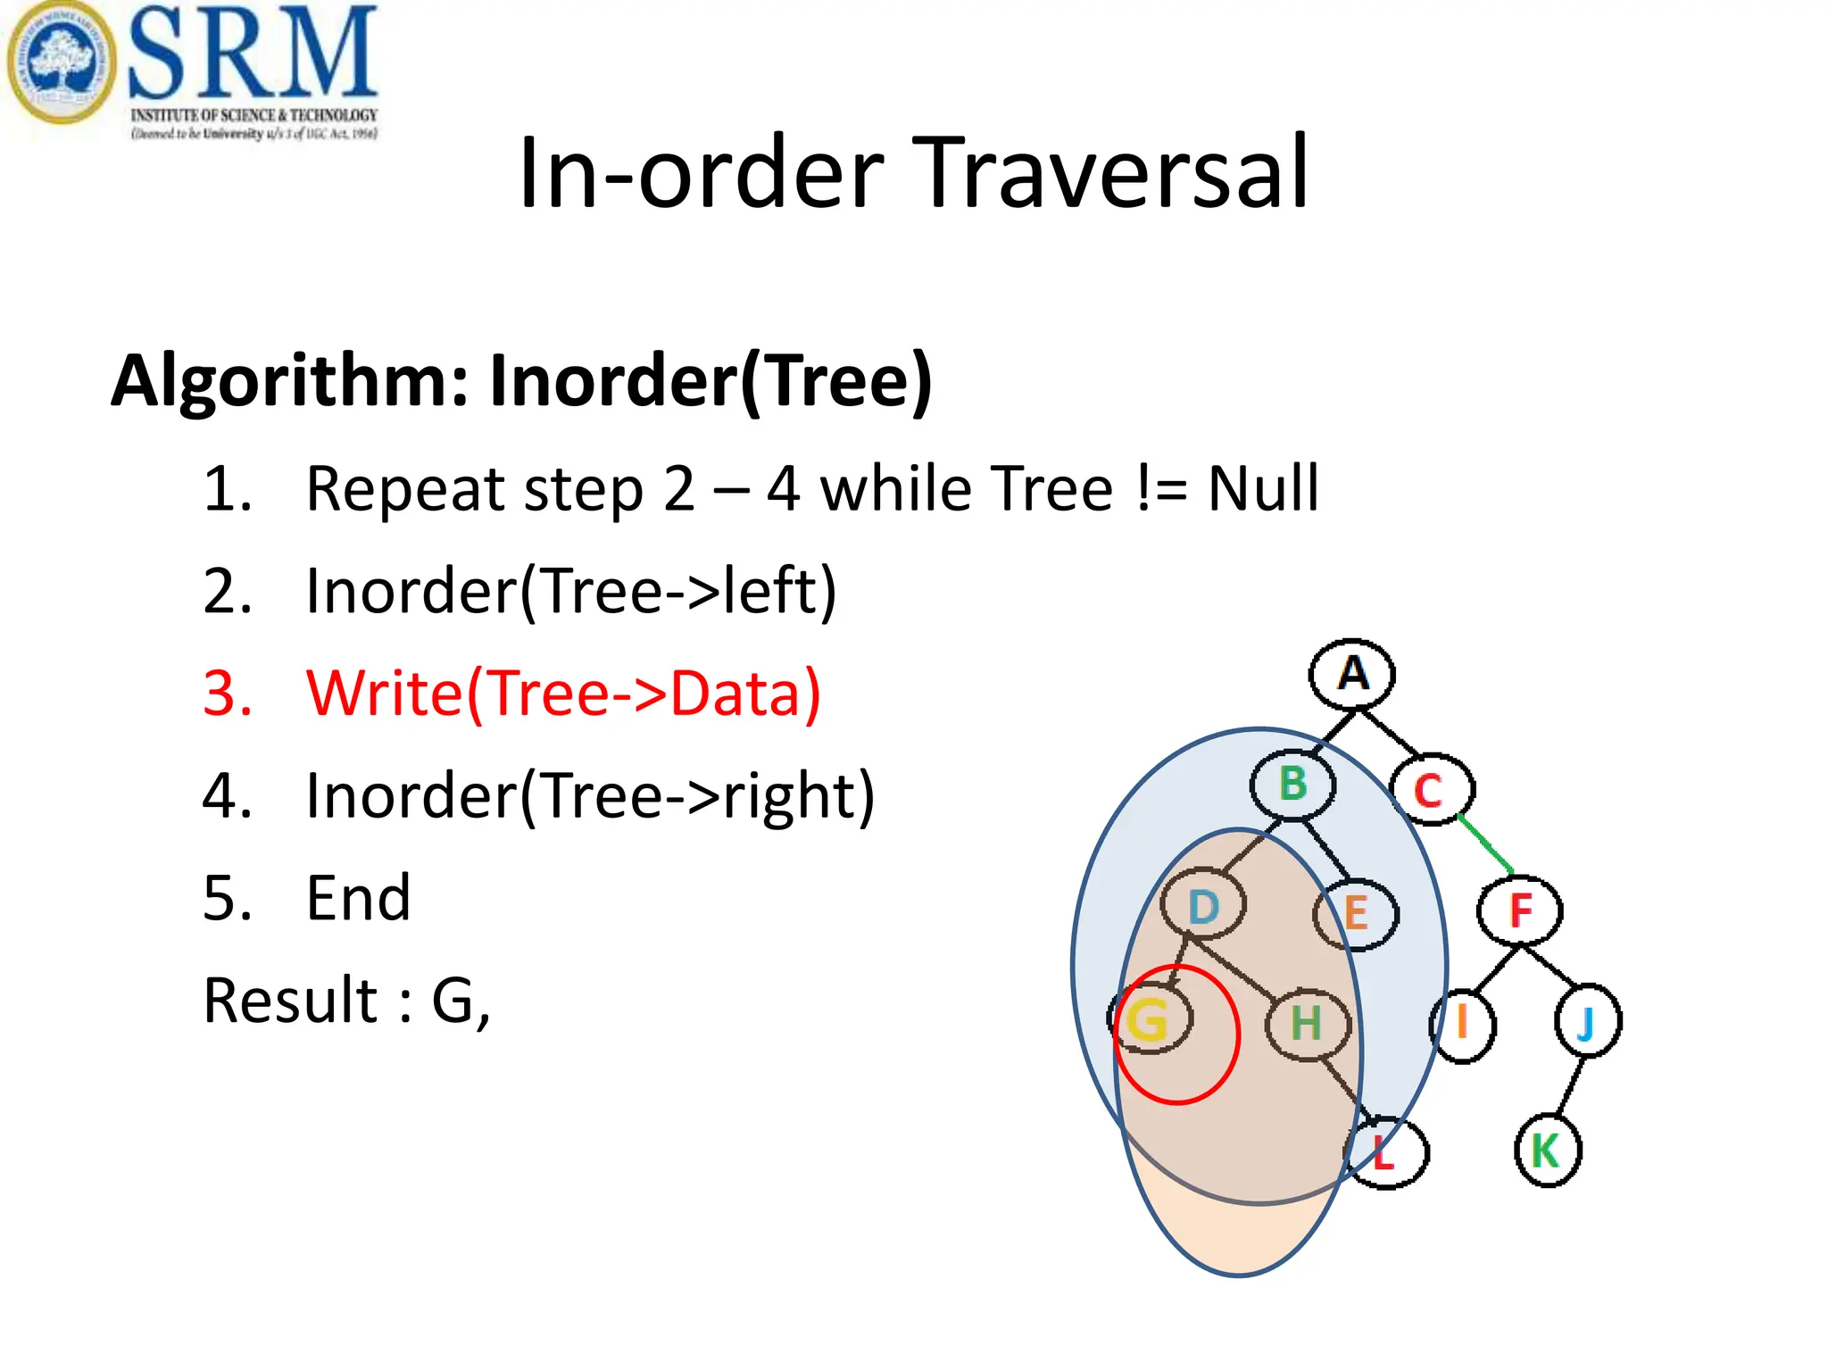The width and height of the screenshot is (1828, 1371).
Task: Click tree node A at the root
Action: point(1352,674)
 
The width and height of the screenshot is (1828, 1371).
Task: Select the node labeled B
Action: point(1292,785)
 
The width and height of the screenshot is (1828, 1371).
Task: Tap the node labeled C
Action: point(1431,790)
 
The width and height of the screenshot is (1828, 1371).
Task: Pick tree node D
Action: point(1203,906)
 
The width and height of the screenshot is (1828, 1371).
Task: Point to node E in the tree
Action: point(1356,913)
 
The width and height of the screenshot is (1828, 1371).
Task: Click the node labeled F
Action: point(1520,910)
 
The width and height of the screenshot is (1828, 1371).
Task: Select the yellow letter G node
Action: point(1149,1018)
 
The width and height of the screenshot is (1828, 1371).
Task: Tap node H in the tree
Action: point(1306,1023)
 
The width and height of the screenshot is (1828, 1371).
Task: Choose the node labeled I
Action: point(1462,1024)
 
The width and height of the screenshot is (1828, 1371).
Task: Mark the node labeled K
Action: point(1547,1151)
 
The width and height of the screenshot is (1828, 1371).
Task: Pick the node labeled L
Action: point(1385,1153)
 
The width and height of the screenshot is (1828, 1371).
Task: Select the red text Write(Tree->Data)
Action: point(562,694)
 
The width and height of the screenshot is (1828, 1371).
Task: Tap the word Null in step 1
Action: point(1262,489)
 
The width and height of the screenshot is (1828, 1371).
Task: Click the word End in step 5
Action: point(358,898)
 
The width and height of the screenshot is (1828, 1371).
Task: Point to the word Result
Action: point(290,1001)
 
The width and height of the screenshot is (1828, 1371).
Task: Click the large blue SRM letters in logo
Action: point(253,54)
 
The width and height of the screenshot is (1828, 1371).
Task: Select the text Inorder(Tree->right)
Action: point(589,795)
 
